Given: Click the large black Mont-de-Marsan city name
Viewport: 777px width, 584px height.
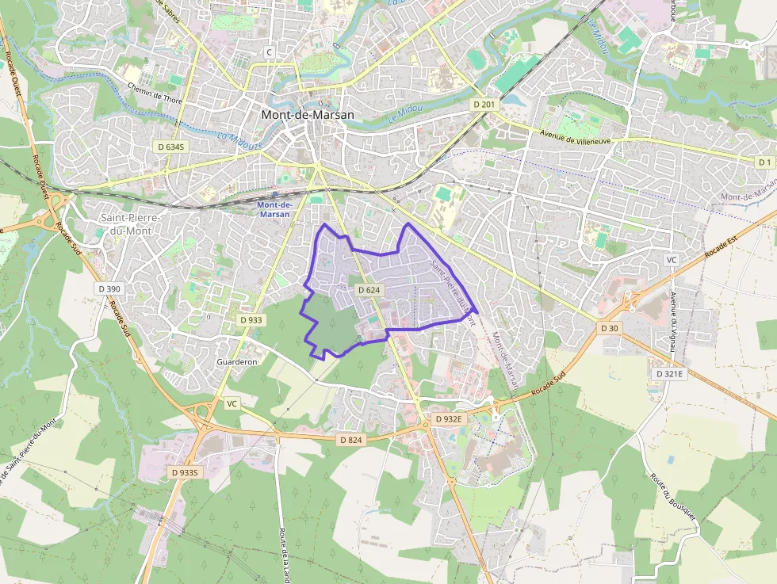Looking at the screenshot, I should (x=308, y=114).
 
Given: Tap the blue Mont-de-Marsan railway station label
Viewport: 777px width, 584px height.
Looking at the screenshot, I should (x=275, y=209).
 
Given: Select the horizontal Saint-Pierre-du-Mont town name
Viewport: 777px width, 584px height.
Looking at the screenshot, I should (x=131, y=224).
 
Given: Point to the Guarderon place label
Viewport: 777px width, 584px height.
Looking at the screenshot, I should (x=237, y=361).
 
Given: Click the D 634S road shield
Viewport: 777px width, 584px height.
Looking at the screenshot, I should (x=170, y=147).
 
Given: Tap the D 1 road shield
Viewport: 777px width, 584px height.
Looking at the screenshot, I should (x=764, y=162).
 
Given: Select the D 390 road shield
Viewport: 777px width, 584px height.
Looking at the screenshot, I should (x=111, y=289).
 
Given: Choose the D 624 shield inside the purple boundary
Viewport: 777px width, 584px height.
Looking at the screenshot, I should (x=369, y=290).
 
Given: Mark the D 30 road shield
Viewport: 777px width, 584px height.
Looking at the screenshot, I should (x=609, y=328).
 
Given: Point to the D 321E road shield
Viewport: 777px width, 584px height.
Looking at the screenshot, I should (x=670, y=372).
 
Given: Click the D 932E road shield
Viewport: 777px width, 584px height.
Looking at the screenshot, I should (x=448, y=418).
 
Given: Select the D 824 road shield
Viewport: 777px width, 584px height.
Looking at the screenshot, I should (x=350, y=440).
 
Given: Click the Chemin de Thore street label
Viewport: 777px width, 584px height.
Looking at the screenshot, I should (x=155, y=93).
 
